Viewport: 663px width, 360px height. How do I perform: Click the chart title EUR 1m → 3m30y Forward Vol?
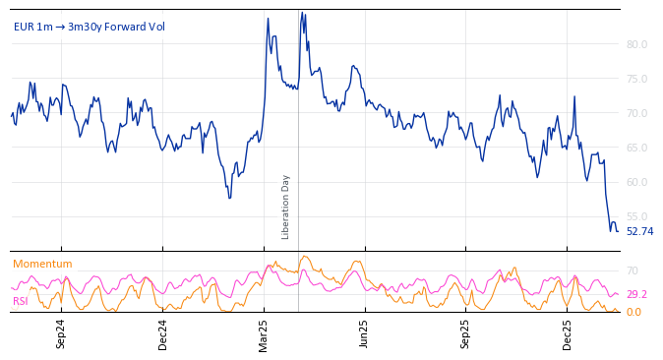90,27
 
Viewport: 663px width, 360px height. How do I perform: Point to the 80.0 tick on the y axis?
636,44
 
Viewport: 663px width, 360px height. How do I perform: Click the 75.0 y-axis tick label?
636,79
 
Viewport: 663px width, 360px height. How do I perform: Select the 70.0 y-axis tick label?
636,113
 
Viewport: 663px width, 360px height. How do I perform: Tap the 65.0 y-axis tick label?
636,148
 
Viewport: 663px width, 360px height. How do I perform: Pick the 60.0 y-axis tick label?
636,182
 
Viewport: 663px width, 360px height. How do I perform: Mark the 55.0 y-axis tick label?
636,216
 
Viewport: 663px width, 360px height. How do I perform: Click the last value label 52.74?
639,232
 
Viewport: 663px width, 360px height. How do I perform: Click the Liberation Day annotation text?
286,207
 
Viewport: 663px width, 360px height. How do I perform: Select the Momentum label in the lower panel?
42,264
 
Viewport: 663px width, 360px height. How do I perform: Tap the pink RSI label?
21,301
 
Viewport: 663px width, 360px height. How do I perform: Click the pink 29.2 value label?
636,294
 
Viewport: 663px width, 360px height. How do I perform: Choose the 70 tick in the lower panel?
633,270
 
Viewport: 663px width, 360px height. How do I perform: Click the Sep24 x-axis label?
61,333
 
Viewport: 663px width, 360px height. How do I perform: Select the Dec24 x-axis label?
163,333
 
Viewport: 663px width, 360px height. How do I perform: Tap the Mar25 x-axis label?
264,333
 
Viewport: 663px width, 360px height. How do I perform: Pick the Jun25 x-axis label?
365,333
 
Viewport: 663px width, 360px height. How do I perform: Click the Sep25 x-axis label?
466,333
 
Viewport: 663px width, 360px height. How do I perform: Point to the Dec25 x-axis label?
568,333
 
